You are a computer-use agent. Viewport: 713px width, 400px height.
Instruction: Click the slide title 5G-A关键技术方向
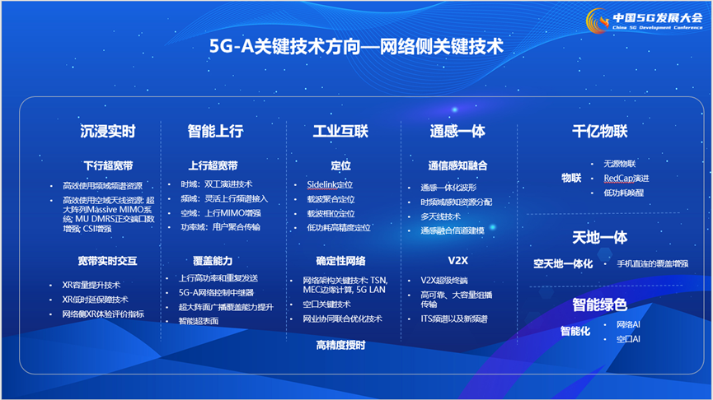coord(356,45)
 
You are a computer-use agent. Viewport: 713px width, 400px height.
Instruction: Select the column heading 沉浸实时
coord(108,131)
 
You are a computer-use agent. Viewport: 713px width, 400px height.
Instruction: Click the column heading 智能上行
coord(216,131)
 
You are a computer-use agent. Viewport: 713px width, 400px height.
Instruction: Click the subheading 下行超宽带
coord(108,165)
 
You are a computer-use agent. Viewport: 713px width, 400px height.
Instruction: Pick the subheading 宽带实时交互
coord(108,261)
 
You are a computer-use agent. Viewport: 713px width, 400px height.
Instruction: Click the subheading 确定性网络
coord(340,261)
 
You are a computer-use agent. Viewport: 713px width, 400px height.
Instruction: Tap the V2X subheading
coord(457,261)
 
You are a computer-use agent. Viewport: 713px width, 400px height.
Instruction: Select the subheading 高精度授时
coord(340,345)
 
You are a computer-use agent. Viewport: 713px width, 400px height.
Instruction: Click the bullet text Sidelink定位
coord(330,184)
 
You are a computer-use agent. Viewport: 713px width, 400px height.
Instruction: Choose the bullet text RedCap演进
coord(626,178)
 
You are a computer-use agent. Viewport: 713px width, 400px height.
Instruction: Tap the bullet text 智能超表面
coord(199,321)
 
